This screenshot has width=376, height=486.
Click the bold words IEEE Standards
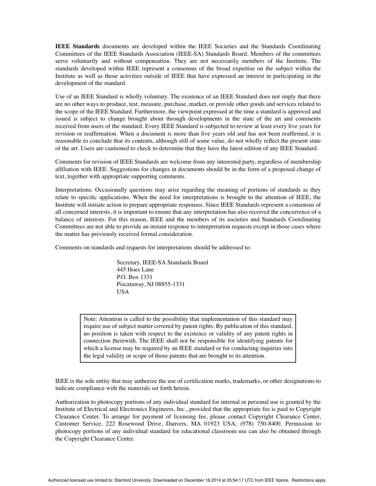coord(77,46)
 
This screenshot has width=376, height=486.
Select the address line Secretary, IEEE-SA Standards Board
coord(162,262)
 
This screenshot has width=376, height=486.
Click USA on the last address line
coord(123,292)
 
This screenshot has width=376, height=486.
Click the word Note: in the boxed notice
coord(90,319)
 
